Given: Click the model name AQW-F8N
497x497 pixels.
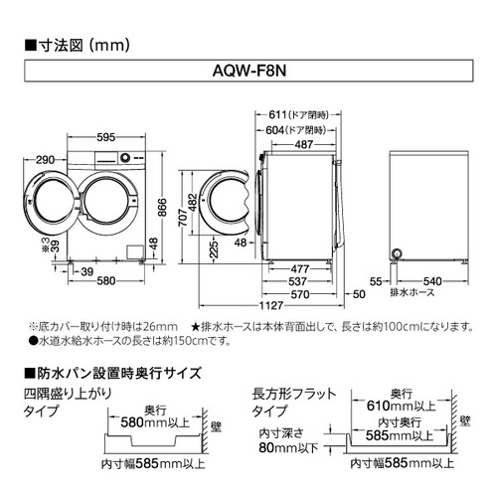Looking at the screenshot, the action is click(249, 71).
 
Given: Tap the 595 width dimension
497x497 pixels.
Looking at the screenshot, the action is click(106, 137).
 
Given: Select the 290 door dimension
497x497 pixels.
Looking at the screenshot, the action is click(45, 160).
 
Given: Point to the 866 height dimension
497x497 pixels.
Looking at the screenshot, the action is click(162, 208).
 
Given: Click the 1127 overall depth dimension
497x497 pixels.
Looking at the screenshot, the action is click(271, 305).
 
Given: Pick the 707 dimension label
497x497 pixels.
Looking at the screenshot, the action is click(183, 218).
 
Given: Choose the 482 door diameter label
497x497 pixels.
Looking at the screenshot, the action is click(193, 203).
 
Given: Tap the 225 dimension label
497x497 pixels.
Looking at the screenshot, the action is click(214, 249).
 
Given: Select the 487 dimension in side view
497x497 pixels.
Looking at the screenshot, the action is click(304, 144).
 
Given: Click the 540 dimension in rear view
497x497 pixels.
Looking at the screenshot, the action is click(432, 281).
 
